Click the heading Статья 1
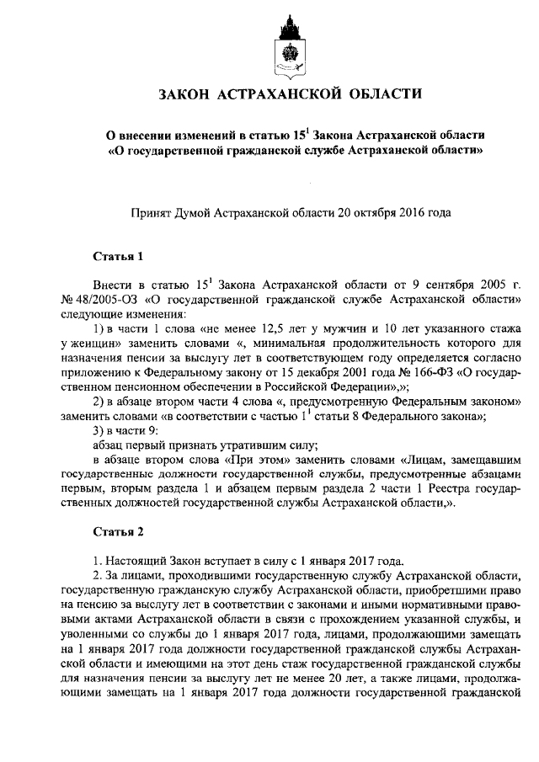click(x=113, y=255)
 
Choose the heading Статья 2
click(x=113, y=532)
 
